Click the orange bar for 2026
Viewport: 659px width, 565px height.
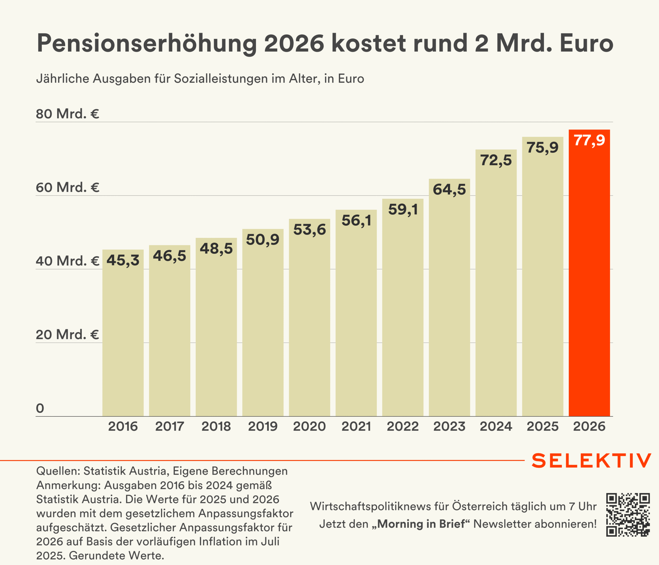coord(589,280)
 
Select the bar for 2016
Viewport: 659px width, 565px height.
coord(123,337)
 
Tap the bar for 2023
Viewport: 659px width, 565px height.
coord(449,302)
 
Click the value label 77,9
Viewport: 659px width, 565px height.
coord(589,140)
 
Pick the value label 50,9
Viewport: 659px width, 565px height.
coord(263,240)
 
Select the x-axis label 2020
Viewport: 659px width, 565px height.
coord(309,426)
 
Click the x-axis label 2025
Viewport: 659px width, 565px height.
coord(542,426)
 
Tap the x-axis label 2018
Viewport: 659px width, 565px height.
coord(216,426)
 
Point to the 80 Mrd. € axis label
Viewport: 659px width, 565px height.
coord(67,114)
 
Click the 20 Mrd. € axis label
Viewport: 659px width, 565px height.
coord(67,334)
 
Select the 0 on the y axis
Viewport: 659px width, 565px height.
coord(40,408)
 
